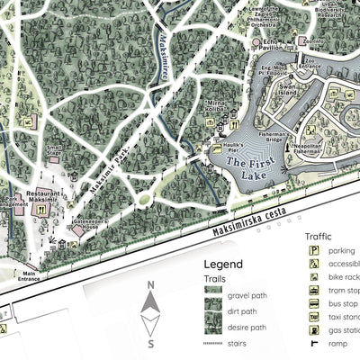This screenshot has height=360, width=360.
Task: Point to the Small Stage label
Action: pos(54,151)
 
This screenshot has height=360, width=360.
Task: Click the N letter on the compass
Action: pos(151,286)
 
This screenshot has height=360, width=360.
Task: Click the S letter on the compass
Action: pos(151,344)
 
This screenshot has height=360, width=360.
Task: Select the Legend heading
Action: pos(223,265)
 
